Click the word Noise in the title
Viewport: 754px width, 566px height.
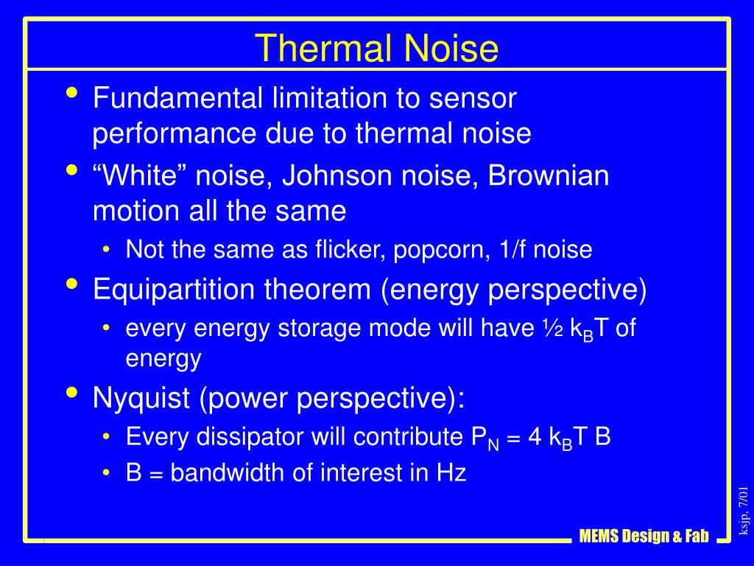451,48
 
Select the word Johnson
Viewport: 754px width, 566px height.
337,175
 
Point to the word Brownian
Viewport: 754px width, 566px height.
548,175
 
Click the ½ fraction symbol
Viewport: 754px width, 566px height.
553,328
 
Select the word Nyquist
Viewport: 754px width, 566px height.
141,399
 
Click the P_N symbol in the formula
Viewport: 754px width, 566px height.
485,439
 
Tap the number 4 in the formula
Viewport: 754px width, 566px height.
535,437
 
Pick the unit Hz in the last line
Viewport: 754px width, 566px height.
451,472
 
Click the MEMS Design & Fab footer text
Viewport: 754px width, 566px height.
644,536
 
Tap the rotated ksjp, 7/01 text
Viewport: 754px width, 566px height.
744,510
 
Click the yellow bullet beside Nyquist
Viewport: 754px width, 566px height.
72,392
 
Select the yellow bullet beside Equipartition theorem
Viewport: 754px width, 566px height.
72,284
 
